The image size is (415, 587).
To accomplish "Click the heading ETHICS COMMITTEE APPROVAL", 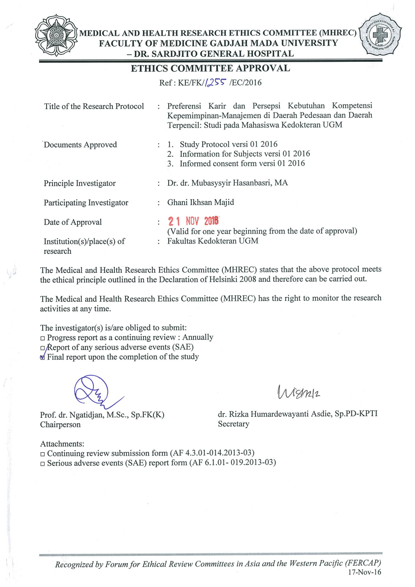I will [x=211, y=68].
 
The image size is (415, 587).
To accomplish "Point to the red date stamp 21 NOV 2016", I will [x=193, y=221].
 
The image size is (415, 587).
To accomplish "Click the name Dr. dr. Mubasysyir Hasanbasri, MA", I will [x=227, y=183].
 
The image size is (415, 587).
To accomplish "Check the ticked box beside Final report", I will [x=43, y=357].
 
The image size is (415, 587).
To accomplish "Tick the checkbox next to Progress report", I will [x=43, y=338].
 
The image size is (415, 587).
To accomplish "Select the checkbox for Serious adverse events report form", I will [x=43, y=463].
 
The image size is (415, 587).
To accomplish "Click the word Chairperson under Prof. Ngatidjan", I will [x=60, y=424].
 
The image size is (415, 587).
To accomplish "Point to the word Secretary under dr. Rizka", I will [x=234, y=424].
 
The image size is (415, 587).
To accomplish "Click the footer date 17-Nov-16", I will [x=364, y=573].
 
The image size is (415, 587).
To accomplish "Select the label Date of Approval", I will [x=72, y=222].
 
